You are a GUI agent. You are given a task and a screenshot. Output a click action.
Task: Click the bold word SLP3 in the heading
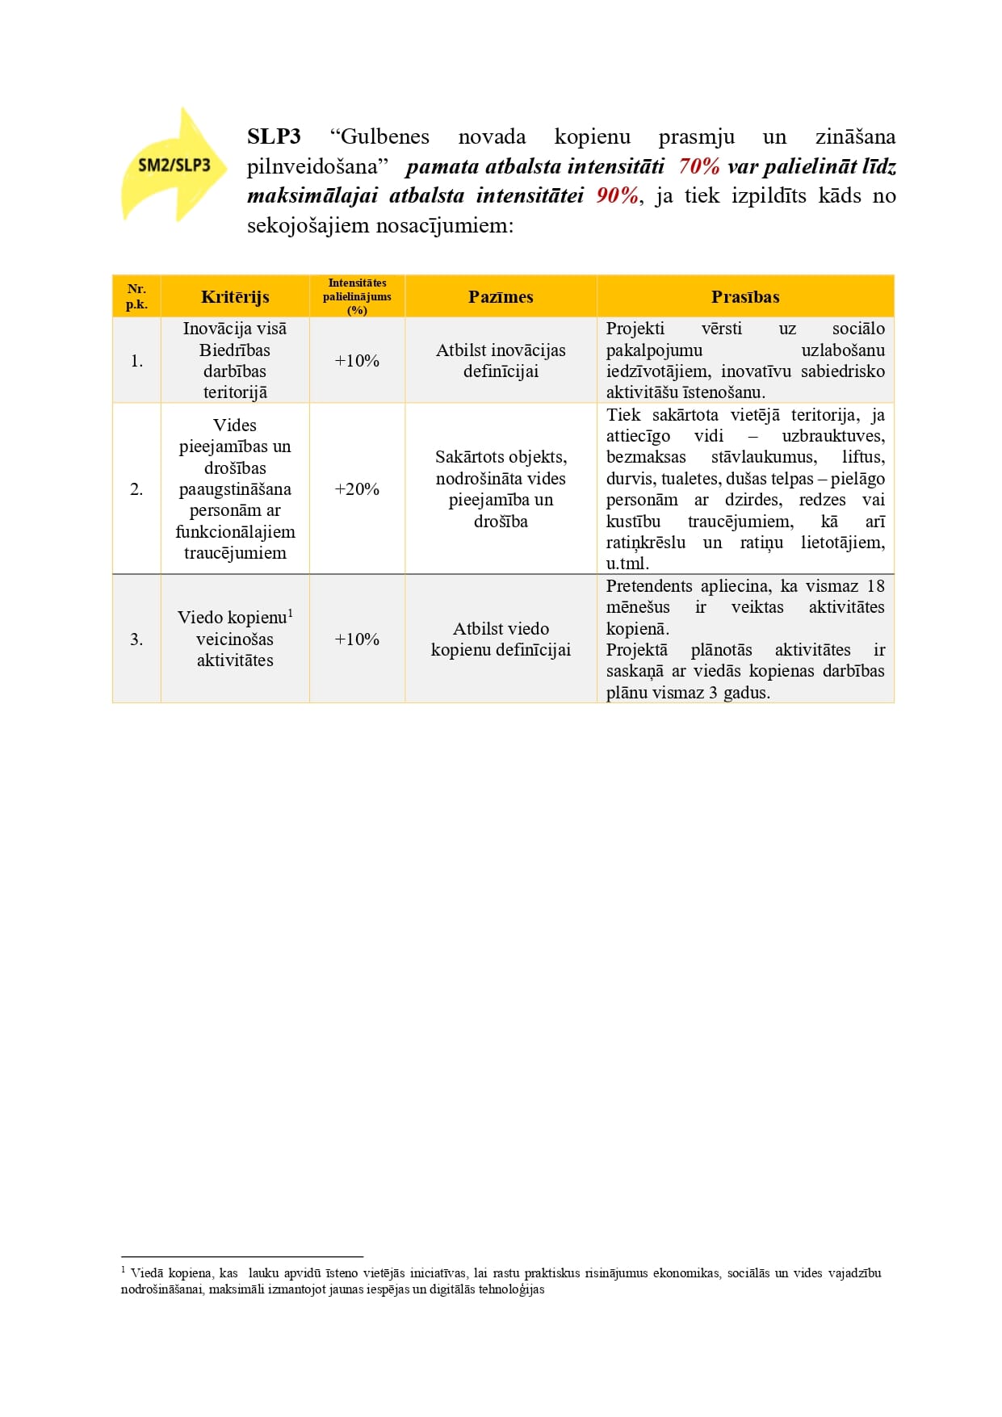[x=274, y=136]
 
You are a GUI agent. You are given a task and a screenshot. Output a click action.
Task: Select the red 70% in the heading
[x=698, y=166]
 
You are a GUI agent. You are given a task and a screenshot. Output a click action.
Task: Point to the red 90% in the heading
[x=618, y=195]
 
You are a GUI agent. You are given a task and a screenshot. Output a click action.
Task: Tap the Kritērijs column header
[x=235, y=296]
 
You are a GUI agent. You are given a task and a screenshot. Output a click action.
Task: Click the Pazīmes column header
[x=501, y=296]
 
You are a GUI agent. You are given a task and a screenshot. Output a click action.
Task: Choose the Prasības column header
[x=745, y=296]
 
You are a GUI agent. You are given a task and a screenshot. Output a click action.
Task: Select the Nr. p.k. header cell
[x=136, y=296]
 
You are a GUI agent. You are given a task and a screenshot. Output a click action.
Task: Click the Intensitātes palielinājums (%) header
[x=357, y=296]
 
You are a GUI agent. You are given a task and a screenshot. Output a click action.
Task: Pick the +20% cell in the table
[x=357, y=489]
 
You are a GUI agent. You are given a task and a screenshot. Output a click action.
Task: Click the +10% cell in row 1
[x=357, y=361]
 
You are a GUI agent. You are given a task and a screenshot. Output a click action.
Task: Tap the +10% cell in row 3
[x=357, y=639]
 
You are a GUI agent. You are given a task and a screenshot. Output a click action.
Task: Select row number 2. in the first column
[x=136, y=489]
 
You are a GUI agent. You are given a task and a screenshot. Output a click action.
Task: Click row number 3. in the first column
[x=136, y=639]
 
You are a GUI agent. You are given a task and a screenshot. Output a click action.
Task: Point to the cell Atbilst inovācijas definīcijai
[x=501, y=361]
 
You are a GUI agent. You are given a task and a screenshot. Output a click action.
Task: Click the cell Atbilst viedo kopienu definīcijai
[x=501, y=639]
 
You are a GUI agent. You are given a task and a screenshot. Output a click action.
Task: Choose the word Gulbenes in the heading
[x=386, y=136]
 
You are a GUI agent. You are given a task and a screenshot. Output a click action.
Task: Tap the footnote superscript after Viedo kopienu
[x=291, y=613]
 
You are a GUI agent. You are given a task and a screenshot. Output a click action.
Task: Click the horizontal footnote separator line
[x=242, y=1256]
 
